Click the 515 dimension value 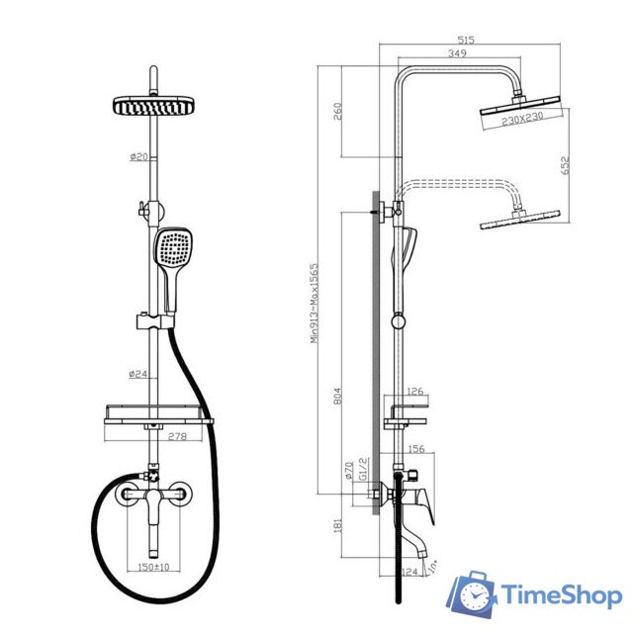(x=467, y=40)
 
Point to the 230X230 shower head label (x=521, y=120)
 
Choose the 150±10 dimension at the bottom (x=153, y=568)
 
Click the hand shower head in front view (x=173, y=248)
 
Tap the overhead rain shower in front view (x=153, y=105)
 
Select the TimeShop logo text (x=562, y=595)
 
